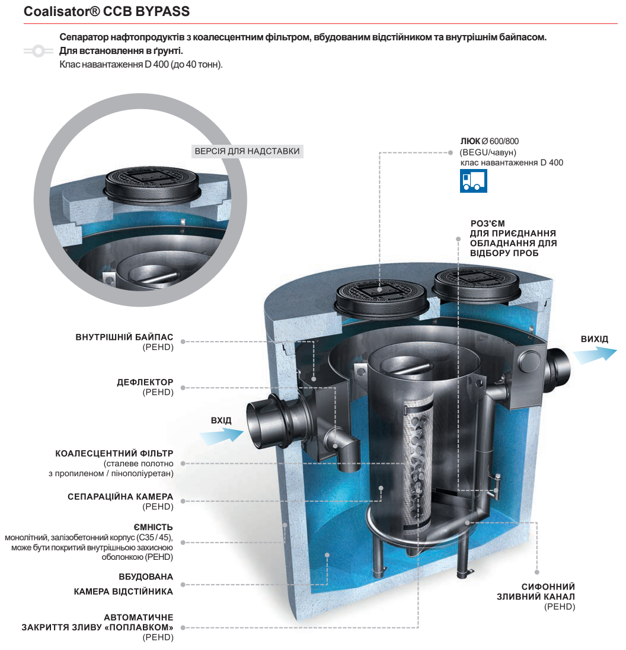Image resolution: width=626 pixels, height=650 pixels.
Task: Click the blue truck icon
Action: [473, 181]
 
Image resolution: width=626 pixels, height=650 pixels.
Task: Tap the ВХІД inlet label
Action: [221, 420]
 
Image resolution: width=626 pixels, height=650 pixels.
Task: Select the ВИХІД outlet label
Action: [595, 339]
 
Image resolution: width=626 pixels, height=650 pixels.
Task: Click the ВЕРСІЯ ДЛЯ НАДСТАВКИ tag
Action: [247, 151]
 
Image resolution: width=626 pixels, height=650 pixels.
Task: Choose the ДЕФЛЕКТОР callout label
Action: [145, 383]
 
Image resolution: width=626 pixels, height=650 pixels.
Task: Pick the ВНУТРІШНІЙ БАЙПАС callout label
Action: [124, 337]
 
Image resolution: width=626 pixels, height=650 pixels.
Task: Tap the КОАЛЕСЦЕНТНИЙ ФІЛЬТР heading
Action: [114, 453]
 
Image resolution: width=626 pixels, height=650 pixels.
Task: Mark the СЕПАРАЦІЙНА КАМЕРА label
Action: [120, 496]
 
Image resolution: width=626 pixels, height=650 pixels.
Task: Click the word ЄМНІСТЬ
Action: [154, 527]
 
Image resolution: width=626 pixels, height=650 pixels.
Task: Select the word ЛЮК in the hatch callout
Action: [470, 141]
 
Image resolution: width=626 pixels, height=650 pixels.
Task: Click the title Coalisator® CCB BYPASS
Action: [107, 11]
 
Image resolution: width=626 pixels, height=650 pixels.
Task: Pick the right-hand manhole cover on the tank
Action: [474, 282]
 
